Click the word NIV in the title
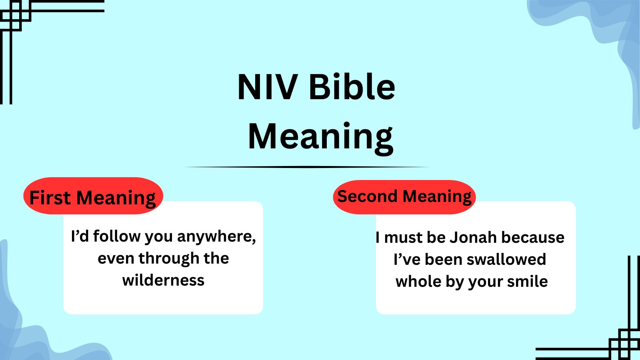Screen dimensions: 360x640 pos(267,87)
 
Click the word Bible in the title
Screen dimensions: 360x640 pos(352,87)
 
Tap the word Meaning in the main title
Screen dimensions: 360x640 pos(320,136)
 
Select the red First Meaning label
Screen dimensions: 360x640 pos(93,196)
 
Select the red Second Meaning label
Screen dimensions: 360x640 pos(404,196)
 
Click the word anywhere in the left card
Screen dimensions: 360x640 pos(216,236)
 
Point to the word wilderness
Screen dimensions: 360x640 pos(163,280)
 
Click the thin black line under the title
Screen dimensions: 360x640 pos(306,167)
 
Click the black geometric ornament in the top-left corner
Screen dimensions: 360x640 pos(16,16)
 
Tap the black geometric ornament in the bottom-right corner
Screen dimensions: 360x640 pos(624,344)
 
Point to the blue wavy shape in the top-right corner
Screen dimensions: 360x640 pos(600,24)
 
